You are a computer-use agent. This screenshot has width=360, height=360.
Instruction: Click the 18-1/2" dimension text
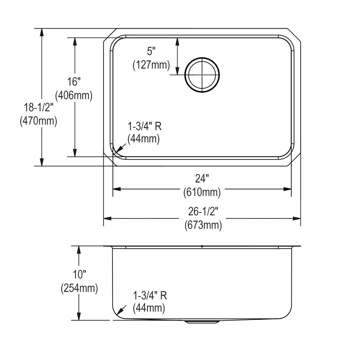point(38,107)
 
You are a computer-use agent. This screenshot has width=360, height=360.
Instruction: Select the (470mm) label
point(38,121)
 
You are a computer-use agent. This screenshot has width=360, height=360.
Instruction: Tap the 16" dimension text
point(74,82)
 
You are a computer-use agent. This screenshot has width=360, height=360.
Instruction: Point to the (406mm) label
point(74,95)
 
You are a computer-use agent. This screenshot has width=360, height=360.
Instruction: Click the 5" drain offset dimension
point(152,51)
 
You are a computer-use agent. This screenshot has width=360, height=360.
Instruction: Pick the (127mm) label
point(151,65)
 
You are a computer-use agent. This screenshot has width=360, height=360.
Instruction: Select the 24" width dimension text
point(202,179)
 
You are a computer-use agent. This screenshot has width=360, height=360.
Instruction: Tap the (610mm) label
point(202,192)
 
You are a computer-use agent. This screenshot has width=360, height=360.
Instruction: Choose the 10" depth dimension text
point(79,274)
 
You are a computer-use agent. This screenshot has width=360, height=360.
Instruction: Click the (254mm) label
point(79,288)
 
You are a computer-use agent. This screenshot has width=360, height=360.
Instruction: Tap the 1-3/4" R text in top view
point(145,126)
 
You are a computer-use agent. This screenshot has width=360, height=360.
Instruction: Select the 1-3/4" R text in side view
point(150,295)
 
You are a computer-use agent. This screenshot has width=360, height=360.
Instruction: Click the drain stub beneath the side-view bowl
point(202,322)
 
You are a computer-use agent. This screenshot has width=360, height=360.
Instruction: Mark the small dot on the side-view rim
point(202,246)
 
